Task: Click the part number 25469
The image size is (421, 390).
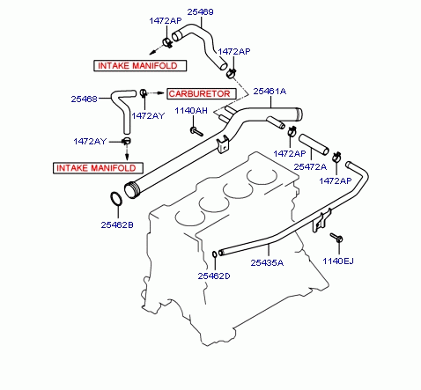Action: (200, 12)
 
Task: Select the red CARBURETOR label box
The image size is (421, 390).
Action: (202, 94)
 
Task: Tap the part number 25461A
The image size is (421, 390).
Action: (270, 92)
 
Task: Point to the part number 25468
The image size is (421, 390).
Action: (84, 99)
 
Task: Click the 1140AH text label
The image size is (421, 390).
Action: (191, 111)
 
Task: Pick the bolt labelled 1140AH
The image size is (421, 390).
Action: (196, 131)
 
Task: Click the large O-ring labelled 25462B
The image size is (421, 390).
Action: (116, 199)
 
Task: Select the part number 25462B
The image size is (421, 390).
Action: (117, 225)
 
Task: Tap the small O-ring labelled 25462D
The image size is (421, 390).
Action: (215, 254)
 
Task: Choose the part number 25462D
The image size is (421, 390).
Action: (214, 276)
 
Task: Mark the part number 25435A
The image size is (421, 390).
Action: (267, 262)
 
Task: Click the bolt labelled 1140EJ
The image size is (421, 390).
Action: (336, 238)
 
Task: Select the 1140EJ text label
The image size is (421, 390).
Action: (338, 261)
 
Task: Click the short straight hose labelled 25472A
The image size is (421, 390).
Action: (314, 144)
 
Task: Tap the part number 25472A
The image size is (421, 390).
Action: (310, 167)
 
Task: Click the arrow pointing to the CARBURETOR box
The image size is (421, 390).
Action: (155, 93)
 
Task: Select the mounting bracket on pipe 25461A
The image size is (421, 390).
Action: (223, 144)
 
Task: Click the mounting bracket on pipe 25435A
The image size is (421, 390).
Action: (321, 221)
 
